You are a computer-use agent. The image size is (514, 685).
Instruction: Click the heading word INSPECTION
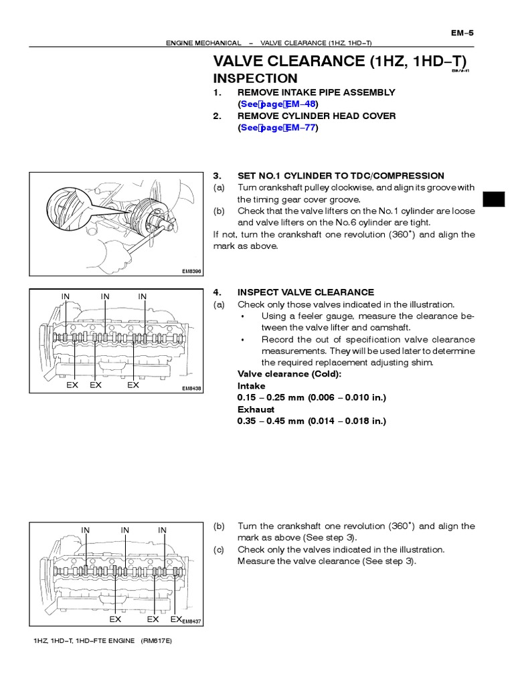click(x=255, y=78)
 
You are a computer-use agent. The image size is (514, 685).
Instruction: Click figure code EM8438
click(x=191, y=388)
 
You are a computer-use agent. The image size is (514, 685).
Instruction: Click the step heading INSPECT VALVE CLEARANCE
click(x=306, y=292)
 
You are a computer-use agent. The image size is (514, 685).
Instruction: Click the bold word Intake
click(x=251, y=386)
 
